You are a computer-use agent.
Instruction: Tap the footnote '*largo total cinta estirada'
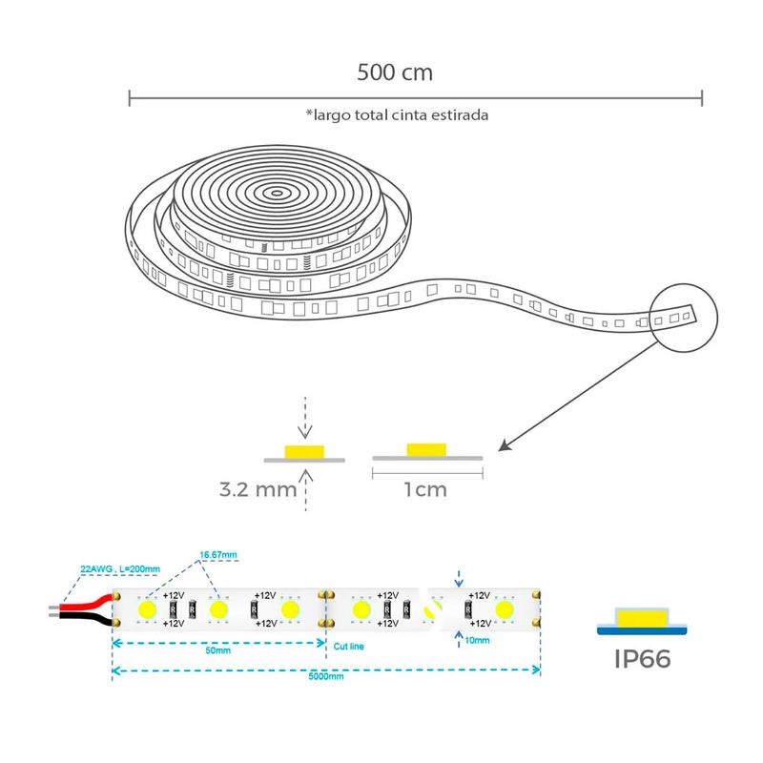click(398, 114)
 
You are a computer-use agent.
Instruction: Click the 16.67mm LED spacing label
click(217, 554)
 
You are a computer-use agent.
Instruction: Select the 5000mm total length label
click(326, 676)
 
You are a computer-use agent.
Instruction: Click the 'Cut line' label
click(348, 646)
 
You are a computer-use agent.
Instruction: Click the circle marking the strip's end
click(681, 314)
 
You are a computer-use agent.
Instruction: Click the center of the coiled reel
click(278, 192)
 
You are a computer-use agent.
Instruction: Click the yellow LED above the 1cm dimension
click(425, 449)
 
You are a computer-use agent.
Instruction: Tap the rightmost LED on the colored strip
click(505, 608)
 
